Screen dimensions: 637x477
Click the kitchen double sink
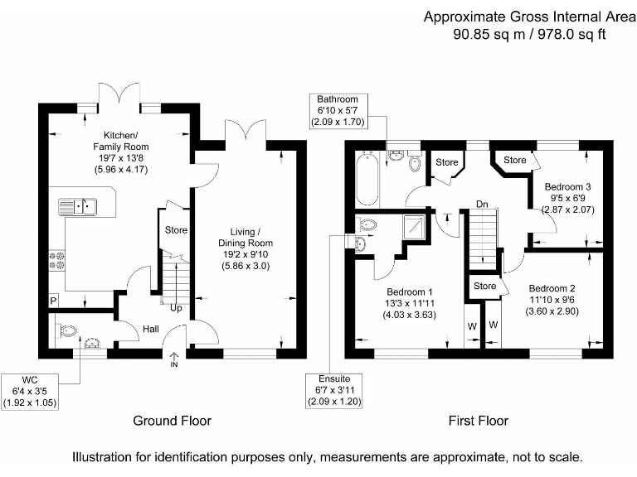(x=78, y=206)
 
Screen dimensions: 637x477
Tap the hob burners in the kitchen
(x=57, y=260)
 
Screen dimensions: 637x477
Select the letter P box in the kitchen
(x=53, y=301)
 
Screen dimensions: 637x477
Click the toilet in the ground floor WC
(x=66, y=331)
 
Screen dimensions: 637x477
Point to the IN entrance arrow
(x=174, y=359)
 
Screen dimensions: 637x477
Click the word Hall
(x=151, y=329)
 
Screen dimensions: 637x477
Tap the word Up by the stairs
(x=176, y=308)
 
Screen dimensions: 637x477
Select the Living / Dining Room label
(x=246, y=238)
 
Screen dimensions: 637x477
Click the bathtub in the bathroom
(x=367, y=179)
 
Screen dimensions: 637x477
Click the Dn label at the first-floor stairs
(x=482, y=204)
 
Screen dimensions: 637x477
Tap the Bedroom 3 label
(x=567, y=187)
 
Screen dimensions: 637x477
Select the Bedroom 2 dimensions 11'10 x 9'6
(x=552, y=300)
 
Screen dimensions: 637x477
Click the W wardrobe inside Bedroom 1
(x=472, y=326)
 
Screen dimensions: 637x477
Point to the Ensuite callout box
(x=334, y=390)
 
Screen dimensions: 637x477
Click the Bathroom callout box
(x=338, y=111)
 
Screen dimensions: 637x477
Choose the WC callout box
(x=30, y=392)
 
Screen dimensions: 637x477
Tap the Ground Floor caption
(x=173, y=421)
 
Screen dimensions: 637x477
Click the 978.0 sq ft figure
(x=571, y=35)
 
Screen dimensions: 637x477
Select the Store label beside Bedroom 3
(x=515, y=160)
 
